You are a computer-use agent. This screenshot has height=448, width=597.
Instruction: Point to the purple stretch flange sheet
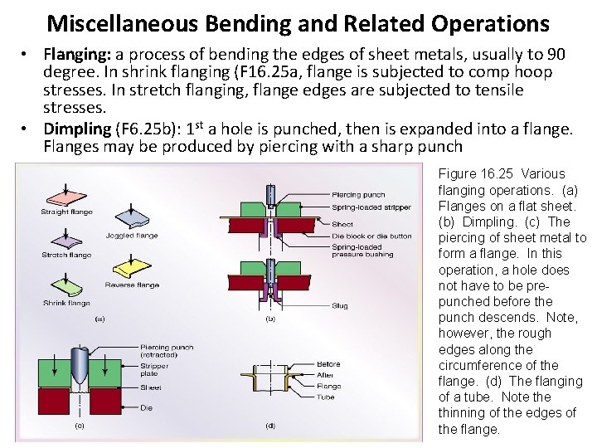[x=66, y=240]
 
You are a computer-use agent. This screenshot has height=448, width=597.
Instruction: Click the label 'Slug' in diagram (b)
[x=340, y=305]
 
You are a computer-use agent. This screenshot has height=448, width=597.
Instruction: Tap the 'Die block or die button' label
[x=371, y=236]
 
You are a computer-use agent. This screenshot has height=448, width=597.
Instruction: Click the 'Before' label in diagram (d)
[x=329, y=364]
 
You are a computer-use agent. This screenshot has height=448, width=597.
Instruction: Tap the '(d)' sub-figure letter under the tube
[x=269, y=426]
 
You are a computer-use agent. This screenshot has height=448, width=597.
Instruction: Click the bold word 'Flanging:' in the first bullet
[x=72, y=55]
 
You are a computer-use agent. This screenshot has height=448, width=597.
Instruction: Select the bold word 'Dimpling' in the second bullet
[x=76, y=129]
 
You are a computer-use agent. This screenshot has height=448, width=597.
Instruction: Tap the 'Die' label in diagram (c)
[x=145, y=407]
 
